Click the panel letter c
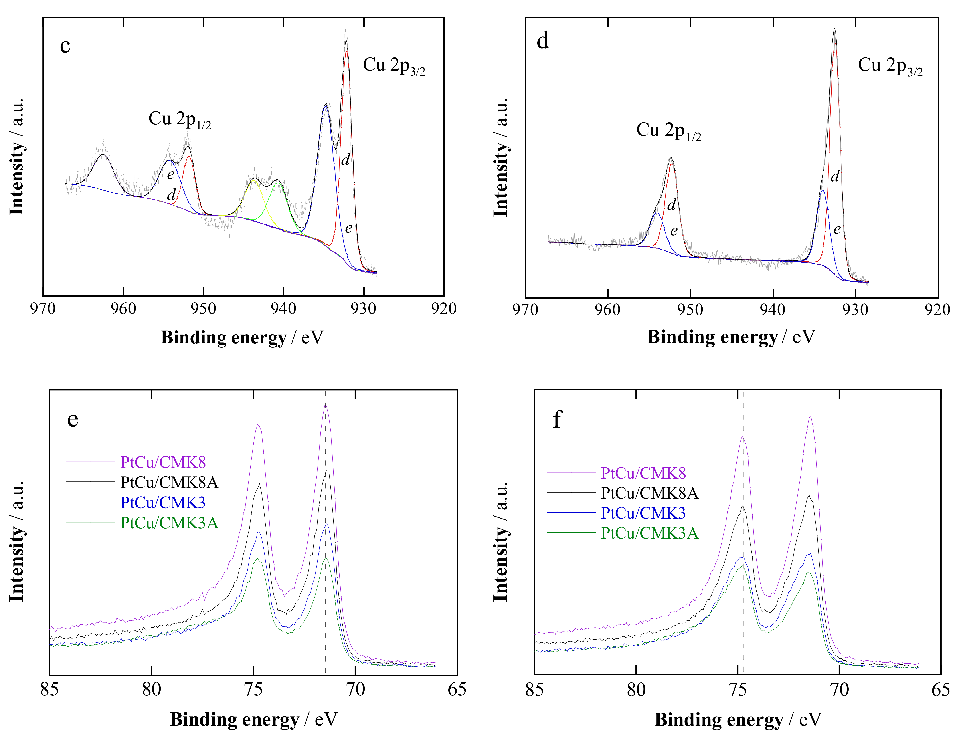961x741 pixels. tap(65, 46)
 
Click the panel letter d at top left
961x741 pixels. tap(543, 41)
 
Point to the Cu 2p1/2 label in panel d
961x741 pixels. tap(668, 131)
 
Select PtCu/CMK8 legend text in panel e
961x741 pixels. tap(163, 462)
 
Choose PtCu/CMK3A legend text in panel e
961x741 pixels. tap(169, 523)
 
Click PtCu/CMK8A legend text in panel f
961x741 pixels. tap(649, 493)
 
